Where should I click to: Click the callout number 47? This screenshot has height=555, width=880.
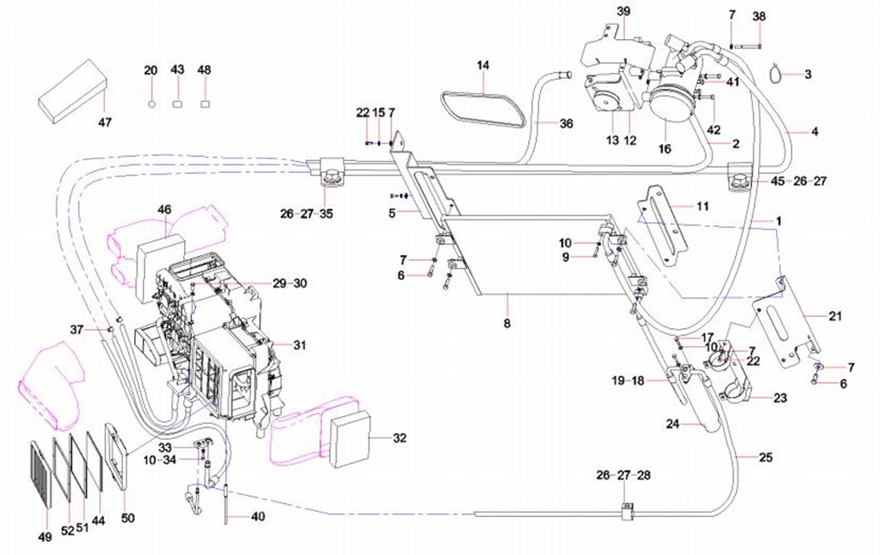104,123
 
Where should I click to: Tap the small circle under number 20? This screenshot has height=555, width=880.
152,103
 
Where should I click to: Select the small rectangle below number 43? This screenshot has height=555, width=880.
177,103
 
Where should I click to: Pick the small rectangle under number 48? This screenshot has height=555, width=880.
204,103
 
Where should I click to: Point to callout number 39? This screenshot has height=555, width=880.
624,12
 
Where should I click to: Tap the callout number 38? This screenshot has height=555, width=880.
759,16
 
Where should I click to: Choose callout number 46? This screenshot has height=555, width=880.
164,208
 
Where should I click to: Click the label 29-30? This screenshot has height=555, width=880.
291,282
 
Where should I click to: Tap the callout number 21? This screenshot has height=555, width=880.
835,316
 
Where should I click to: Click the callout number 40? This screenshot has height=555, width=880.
258,517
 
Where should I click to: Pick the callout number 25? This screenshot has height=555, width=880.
766,458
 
